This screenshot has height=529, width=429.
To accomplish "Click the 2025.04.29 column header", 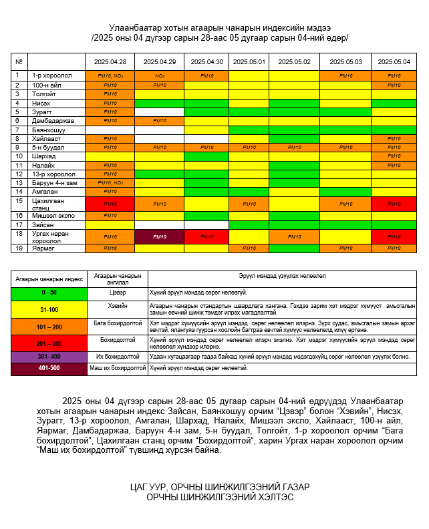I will [x=160, y=61].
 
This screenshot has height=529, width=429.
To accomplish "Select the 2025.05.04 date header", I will [x=394, y=61].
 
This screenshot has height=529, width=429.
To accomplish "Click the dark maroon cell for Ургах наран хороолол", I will [x=160, y=236].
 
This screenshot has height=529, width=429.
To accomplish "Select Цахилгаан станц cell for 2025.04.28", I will [x=110, y=203].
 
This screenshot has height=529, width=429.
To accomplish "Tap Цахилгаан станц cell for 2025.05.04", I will [x=394, y=203].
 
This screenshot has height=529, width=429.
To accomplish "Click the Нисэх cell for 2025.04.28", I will [x=110, y=103].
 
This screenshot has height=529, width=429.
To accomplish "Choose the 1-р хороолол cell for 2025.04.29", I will [x=160, y=75].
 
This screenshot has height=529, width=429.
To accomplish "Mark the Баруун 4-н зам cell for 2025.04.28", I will [x=110, y=182].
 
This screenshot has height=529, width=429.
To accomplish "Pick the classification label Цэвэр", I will [x=117, y=293].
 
